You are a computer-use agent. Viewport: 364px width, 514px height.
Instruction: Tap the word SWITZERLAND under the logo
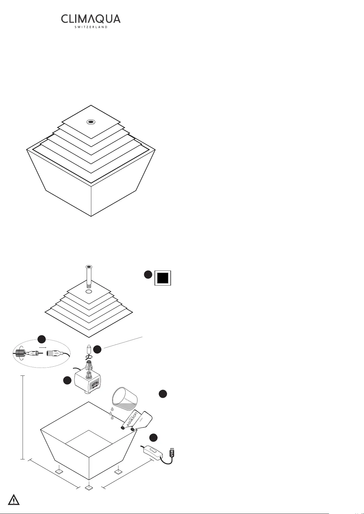coord(91,27)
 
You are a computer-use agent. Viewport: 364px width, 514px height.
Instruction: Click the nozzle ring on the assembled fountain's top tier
coord(91,122)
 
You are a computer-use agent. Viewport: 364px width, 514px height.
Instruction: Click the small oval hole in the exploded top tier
coord(89,292)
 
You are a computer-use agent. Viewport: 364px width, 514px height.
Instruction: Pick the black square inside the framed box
coord(163,278)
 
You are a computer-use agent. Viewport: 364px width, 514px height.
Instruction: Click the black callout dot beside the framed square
coord(148,275)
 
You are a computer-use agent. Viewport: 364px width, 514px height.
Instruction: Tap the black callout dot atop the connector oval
coord(42,339)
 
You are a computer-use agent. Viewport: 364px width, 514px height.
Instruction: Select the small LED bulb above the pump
coord(89,349)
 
